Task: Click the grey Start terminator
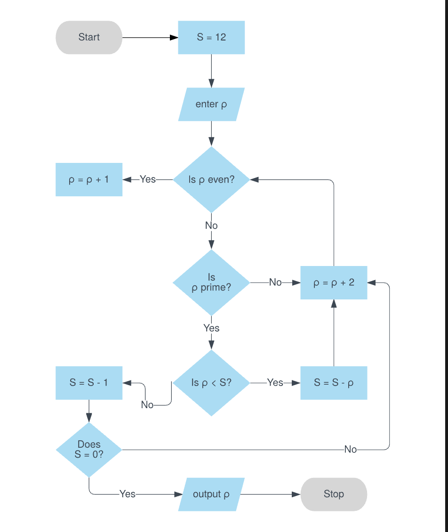point(89,37)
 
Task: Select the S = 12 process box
point(211,37)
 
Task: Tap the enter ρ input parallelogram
point(211,104)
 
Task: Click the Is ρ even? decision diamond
point(211,179)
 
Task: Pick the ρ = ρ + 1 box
point(89,179)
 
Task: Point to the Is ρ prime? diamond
point(211,282)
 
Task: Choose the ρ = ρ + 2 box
point(334,282)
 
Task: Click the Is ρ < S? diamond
point(211,383)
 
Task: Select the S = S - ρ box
point(334,383)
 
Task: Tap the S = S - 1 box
point(89,383)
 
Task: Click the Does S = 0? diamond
point(89,450)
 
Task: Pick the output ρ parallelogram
point(211,494)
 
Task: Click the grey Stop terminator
point(334,494)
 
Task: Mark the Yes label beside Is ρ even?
point(147,179)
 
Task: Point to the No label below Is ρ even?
point(211,226)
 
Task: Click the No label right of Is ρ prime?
point(275,282)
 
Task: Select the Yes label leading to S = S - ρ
point(275,383)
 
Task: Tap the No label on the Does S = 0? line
point(351,450)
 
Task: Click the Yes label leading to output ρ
point(128,494)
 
